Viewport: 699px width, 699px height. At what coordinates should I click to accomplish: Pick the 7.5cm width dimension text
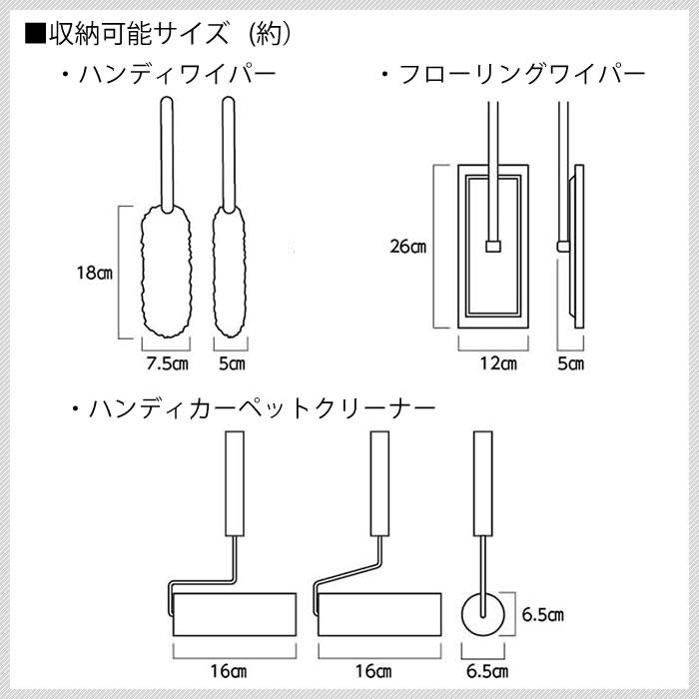click(x=167, y=363)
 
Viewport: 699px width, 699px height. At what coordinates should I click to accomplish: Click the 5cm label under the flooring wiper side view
click(x=570, y=363)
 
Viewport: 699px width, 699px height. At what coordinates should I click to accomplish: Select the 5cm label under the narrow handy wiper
click(x=231, y=363)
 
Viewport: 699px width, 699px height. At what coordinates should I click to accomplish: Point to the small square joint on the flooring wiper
click(x=490, y=245)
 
